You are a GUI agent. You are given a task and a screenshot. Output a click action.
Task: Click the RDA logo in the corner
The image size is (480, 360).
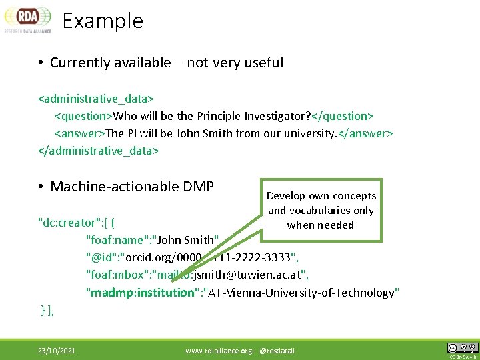click(27, 19)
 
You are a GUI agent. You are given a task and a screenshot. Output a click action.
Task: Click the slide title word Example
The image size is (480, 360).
click(103, 21)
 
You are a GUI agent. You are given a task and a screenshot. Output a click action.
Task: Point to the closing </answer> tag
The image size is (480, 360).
click(366, 133)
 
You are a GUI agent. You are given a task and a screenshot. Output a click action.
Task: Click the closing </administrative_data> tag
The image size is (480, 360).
click(99, 150)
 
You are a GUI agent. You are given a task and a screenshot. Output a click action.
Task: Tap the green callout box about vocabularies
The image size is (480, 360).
click(321, 210)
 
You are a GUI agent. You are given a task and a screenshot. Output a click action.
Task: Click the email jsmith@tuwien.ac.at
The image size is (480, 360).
click(251, 275)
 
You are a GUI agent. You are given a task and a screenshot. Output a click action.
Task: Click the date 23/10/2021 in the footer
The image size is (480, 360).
click(56, 350)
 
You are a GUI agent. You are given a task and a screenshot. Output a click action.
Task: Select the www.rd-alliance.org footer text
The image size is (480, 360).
click(216, 350)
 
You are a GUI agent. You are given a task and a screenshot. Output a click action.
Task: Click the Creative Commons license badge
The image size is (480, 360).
click(462, 348)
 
